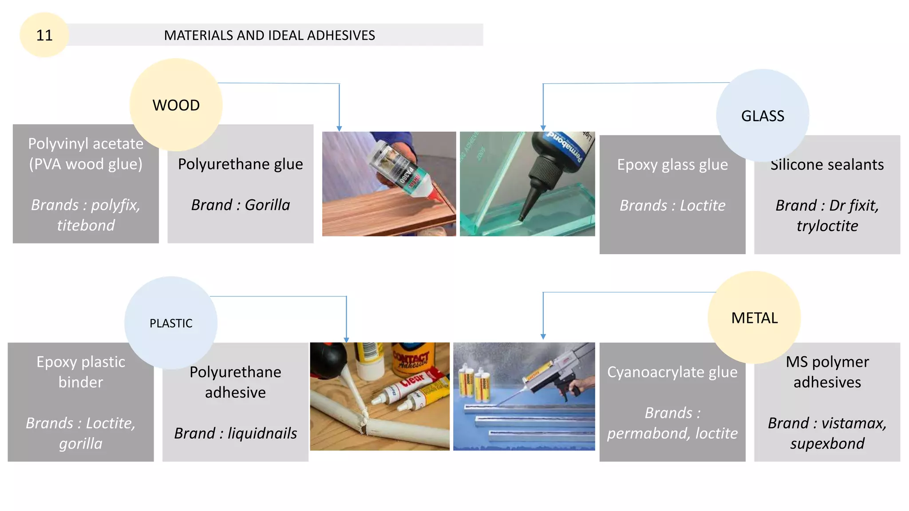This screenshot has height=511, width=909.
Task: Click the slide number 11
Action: click(44, 35)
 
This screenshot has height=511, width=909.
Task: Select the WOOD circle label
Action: click(176, 106)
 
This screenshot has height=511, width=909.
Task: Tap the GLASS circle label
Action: click(763, 116)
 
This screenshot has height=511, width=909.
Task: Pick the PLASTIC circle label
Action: click(171, 323)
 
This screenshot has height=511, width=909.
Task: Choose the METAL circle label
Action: click(755, 318)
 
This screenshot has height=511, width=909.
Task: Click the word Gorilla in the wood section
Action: click(267, 205)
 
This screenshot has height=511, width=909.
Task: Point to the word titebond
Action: click(86, 225)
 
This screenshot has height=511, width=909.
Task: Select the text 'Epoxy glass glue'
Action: click(672, 165)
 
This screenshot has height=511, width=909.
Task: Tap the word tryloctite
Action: click(827, 226)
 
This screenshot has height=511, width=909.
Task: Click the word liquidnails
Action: click(262, 433)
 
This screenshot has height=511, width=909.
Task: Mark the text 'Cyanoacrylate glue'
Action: click(672, 372)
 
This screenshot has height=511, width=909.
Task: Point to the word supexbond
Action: click(827, 444)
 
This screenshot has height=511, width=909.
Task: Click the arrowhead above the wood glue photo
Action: click(339, 128)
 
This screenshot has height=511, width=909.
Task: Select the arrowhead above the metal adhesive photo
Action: click(543, 337)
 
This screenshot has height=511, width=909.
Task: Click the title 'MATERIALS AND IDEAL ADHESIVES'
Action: click(269, 35)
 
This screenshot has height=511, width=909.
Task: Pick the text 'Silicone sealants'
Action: click(827, 165)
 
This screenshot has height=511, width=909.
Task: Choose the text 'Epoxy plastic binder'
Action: click(81, 372)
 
